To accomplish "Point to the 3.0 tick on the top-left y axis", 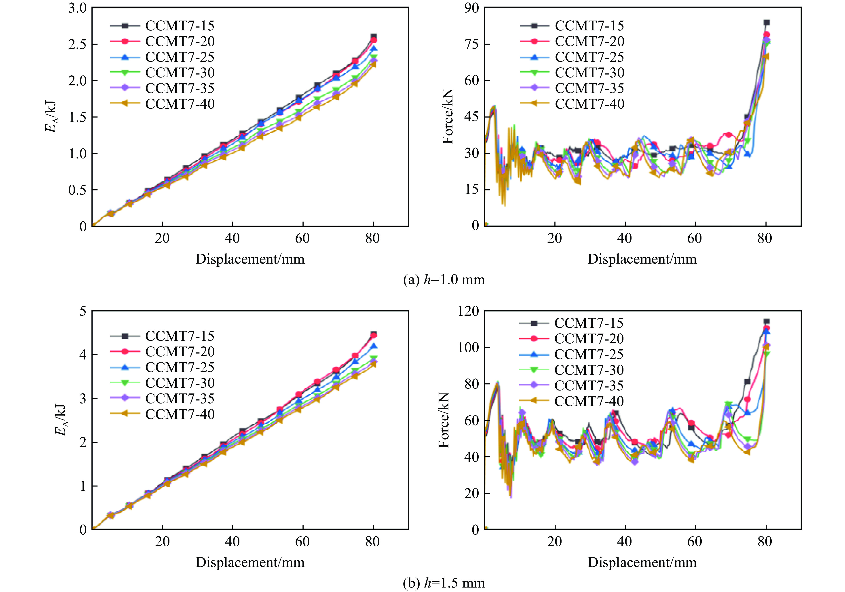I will pos(77,8).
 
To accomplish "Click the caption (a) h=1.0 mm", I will pos(444,280).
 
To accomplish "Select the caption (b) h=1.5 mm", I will pos(444,583).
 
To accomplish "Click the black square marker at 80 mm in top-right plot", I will pos(766,22).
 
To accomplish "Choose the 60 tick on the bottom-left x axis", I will pos(302,541).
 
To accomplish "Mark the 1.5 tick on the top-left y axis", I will pos(77,117).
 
